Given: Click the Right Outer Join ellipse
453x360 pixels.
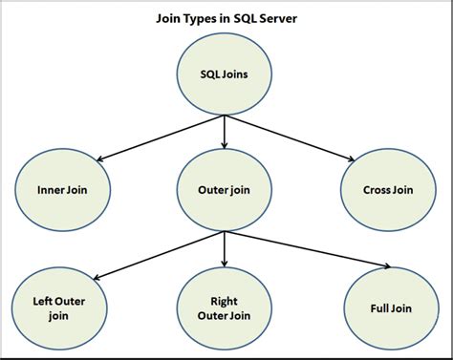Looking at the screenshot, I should click(x=224, y=306).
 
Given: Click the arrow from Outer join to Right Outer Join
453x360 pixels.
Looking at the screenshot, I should click(x=224, y=250).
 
